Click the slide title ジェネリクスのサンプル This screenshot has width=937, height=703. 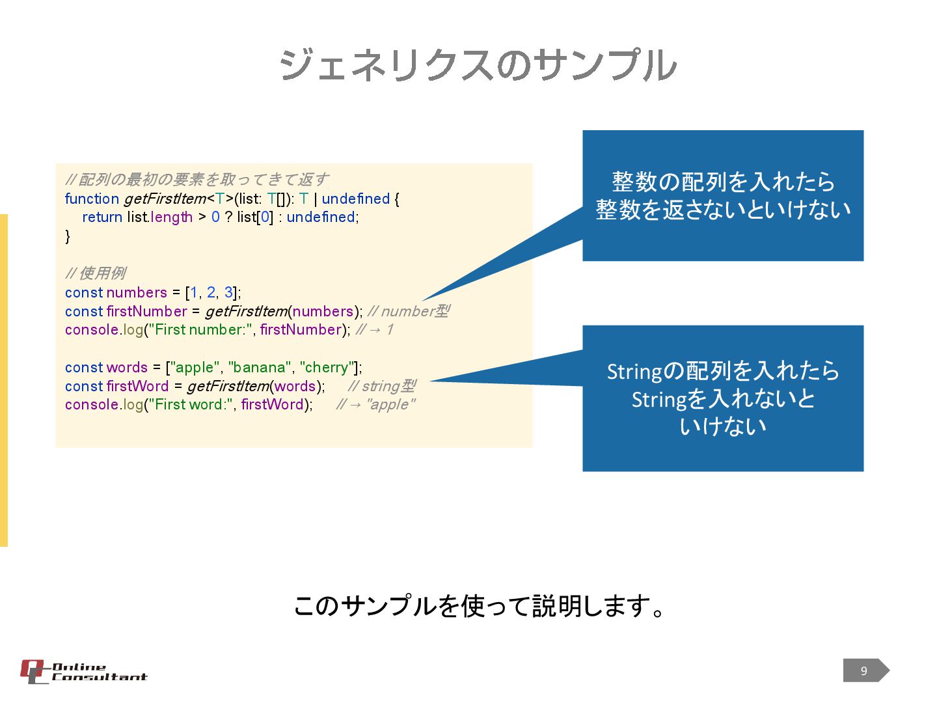pyautogui.click(x=478, y=66)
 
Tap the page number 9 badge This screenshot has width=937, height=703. pyautogui.click(x=865, y=670)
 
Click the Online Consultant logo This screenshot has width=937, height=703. pyautogui.click(x=83, y=672)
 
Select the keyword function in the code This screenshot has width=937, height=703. pyautogui.click(x=92, y=199)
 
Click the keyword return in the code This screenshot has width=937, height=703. pyautogui.click(x=102, y=217)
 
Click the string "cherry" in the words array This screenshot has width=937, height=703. pyautogui.click(x=328, y=368)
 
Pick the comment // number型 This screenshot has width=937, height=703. pyautogui.click(x=409, y=312)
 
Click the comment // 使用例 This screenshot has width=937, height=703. pyautogui.click(x=96, y=273)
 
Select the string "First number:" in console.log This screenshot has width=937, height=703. pyautogui.click(x=199, y=330)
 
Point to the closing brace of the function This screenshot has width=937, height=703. pyautogui.click(x=68, y=236)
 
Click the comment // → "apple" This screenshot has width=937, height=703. pyautogui.click(x=375, y=405)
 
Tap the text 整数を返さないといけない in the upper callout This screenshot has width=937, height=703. pyautogui.click(x=723, y=210)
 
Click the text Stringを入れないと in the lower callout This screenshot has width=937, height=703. pyautogui.click(x=723, y=399)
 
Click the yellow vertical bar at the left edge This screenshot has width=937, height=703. pyautogui.click(x=4, y=380)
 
